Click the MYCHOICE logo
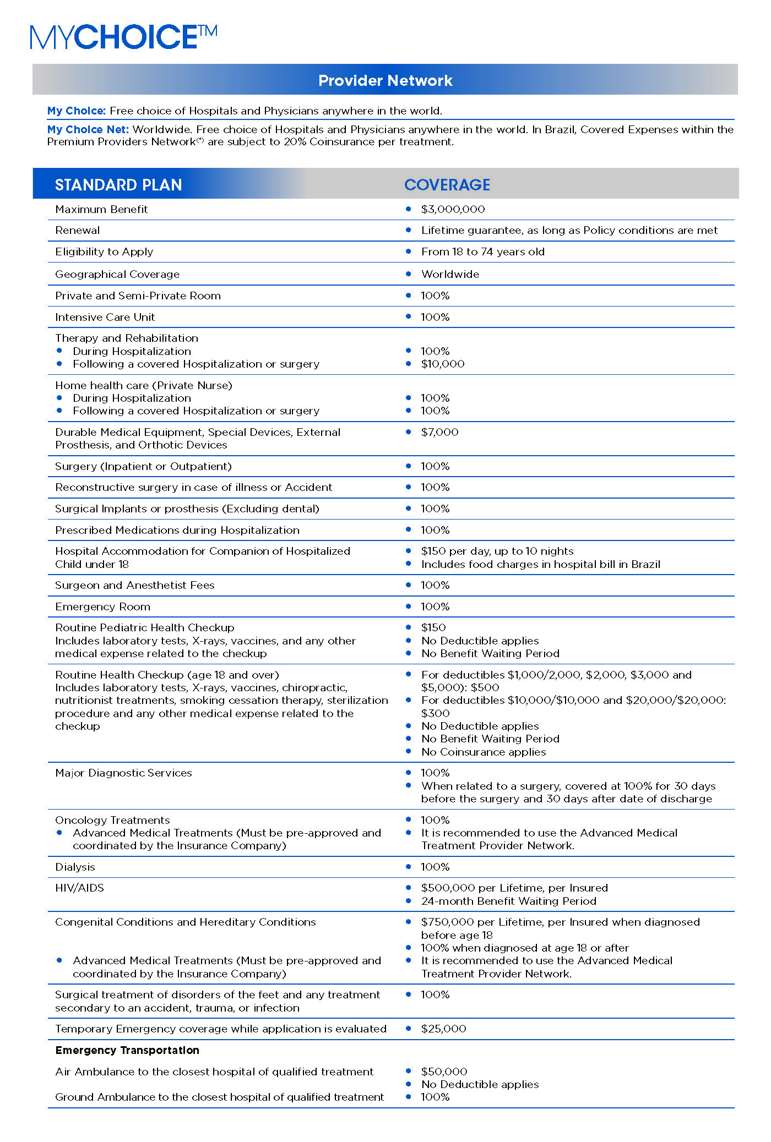click(123, 37)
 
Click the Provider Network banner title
click(385, 80)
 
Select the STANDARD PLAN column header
click(118, 185)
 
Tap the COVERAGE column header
click(447, 185)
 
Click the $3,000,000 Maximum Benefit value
click(453, 209)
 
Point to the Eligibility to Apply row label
click(104, 252)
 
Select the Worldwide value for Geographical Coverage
click(450, 274)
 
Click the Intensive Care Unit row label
click(105, 317)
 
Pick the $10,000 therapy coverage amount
click(443, 364)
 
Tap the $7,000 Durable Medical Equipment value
click(439, 432)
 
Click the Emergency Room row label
click(102, 606)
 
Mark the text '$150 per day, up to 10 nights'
click(497, 551)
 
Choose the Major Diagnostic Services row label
click(123, 773)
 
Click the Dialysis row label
click(75, 867)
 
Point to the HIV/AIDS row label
click(79, 888)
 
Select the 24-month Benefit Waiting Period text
click(508, 901)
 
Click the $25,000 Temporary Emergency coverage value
click(443, 1029)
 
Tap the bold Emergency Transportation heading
click(127, 1050)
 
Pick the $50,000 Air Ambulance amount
click(444, 1072)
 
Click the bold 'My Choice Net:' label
click(88, 129)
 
